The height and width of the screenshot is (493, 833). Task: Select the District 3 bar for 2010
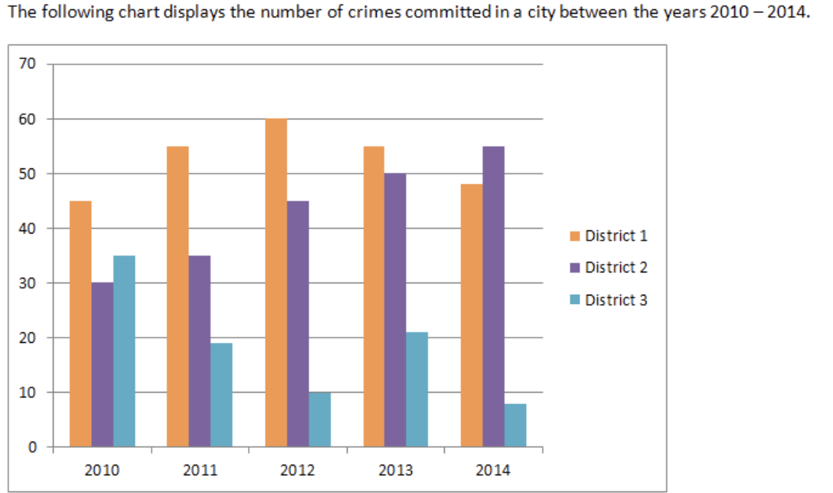click(124, 351)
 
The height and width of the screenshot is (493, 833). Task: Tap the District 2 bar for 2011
click(200, 351)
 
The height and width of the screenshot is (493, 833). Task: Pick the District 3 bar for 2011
click(221, 395)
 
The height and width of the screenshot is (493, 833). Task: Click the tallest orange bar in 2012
click(276, 283)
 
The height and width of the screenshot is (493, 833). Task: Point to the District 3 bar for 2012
click(320, 420)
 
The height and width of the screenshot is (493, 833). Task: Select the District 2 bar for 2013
click(395, 310)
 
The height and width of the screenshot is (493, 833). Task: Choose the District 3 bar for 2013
click(417, 390)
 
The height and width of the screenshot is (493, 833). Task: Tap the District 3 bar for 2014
click(515, 425)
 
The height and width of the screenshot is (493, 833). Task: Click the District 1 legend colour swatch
click(575, 236)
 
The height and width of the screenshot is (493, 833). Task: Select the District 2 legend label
click(616, 268)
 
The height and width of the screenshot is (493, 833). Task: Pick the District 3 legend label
click(616, 300)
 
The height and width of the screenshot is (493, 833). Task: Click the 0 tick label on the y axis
click(31, 448)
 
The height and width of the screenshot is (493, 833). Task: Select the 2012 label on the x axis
click(298, 470)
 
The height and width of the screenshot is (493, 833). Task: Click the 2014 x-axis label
click(493, 470)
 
